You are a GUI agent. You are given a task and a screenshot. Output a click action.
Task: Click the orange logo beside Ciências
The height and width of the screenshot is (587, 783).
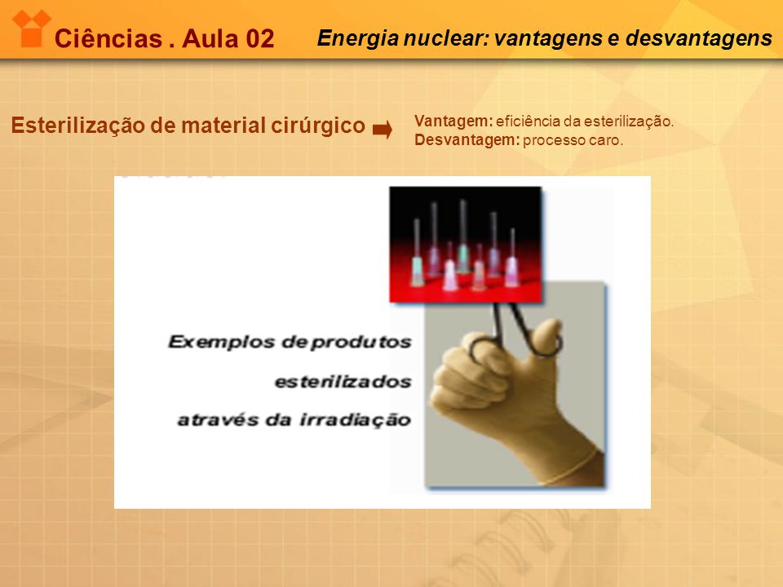click(x=32, y=29)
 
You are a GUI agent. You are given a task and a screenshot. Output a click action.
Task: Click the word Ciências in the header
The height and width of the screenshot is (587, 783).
click(x=108, y=38)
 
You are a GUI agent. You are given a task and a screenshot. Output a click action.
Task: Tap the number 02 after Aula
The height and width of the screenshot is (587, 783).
click(x=259, y=38)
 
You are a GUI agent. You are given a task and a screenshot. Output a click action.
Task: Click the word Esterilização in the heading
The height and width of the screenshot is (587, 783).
click(x=78, y=125)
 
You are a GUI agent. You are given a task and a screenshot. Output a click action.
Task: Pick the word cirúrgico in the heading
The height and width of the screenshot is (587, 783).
click(x=318, y=125)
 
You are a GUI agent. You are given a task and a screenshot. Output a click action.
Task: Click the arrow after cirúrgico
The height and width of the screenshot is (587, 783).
click(x=383, y=130)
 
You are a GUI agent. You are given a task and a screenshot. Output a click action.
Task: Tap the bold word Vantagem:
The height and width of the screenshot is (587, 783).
click(x=453, y=121)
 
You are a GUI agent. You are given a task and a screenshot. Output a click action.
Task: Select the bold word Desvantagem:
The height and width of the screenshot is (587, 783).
click(x=467, y=139)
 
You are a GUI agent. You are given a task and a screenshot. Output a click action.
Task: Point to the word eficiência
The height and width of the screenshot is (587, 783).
click(x=528, y=121)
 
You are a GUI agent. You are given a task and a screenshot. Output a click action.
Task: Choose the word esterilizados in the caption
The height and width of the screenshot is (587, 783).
click(x=343, y=382)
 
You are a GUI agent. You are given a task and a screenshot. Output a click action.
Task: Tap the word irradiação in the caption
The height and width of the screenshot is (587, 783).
click(x=355, y=420)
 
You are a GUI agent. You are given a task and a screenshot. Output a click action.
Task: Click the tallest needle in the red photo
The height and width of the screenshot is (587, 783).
click(x=463, y=235)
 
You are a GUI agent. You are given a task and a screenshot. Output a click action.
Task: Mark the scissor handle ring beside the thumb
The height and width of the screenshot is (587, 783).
click(x=546, y=342)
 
